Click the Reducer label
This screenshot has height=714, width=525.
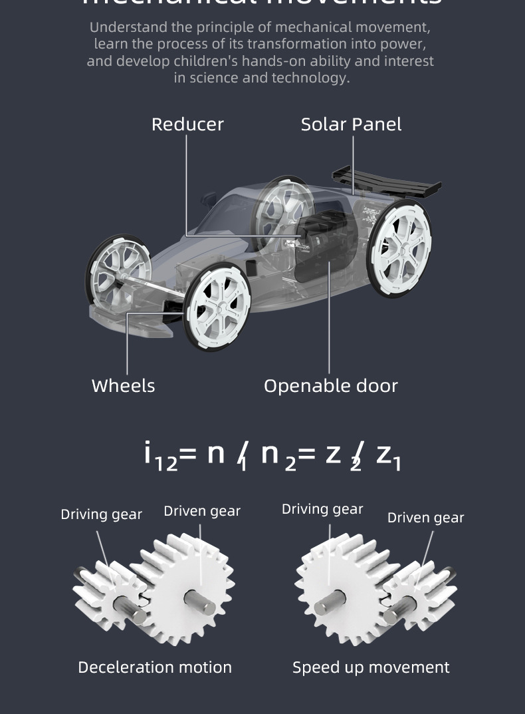point(187,124)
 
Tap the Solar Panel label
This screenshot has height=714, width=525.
point(351,124)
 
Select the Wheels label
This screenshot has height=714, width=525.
point(123,386)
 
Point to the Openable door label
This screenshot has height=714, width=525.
point(330,386)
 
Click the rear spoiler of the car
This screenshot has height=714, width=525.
point(385,180)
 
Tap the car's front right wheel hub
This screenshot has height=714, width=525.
point(217,307)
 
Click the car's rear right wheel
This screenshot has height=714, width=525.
point(400,247)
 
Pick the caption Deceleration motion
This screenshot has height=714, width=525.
point(155,667)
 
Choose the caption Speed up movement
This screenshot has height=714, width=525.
point(371,667)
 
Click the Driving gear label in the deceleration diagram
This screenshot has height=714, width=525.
point(101,514)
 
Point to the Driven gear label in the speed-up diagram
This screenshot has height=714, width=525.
point(425,518)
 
